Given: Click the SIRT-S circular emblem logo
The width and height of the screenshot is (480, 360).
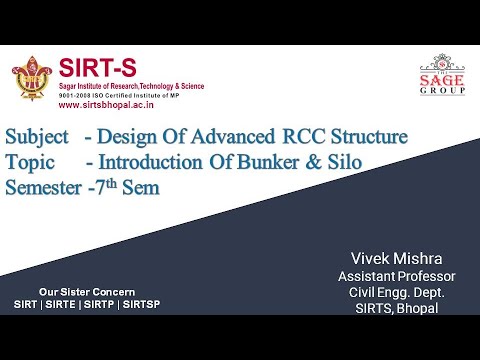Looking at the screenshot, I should click(32, 78).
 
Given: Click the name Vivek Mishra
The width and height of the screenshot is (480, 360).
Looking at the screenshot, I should click(396, 258).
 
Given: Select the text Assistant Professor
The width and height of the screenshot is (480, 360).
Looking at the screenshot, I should click(396, 275).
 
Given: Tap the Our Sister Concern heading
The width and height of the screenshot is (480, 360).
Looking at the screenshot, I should click(82, 290).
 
